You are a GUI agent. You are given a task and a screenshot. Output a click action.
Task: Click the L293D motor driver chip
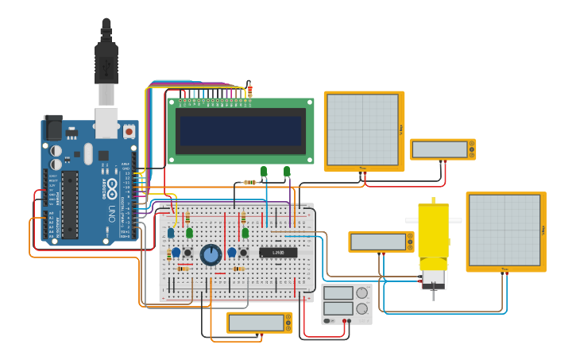[278, 253]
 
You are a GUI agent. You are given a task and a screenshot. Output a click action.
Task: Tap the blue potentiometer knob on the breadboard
[211, 254]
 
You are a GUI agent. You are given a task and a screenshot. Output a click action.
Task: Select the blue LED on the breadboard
[171, 233]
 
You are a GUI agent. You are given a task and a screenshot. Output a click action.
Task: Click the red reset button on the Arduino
[128, 130]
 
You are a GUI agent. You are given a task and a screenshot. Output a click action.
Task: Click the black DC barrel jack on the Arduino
[52, 128]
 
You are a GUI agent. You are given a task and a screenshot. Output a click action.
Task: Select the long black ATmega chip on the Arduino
[70, 204]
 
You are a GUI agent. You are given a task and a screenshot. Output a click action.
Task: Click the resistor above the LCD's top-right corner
[249, 91]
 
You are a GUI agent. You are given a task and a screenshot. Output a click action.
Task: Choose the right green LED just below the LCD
[287, 171]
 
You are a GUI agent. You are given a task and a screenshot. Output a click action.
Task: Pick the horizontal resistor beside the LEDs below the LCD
[249, 182]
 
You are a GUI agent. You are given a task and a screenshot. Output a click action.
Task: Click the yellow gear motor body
[433, 234]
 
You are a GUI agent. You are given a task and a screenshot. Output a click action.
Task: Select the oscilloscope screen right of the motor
[504, 230]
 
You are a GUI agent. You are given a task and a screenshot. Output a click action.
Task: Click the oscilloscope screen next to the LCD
[362, 130]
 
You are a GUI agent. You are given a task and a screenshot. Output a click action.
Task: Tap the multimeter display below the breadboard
[257, 323]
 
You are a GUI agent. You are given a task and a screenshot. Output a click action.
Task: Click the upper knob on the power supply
[361, 293]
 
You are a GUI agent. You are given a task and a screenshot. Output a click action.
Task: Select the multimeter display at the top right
[439, 149]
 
